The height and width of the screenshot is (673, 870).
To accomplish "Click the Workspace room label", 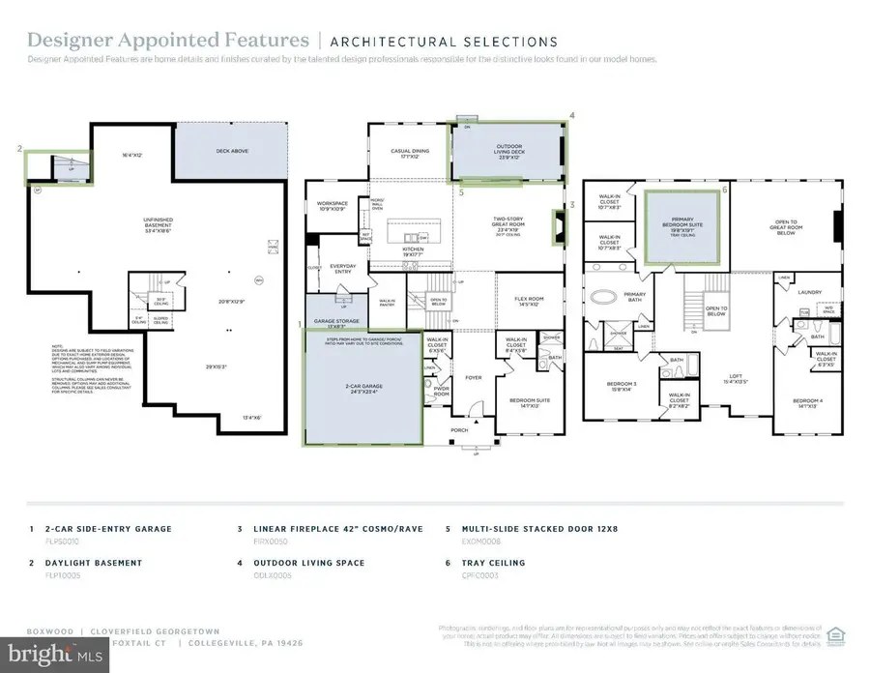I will point(332,206).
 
